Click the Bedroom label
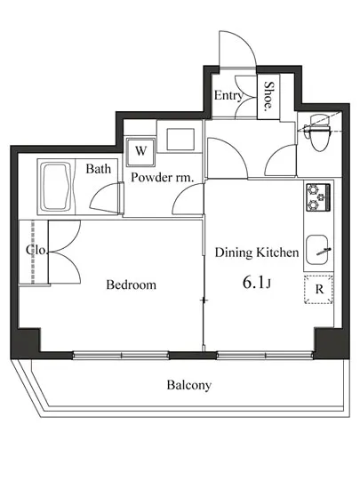(x=131, y=285)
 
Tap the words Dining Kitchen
(x=257, y=253)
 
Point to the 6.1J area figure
(x=256, y=283)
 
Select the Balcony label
(x=188, y=385)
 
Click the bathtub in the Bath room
(x=55, y=187)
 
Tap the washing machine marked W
(x=140, y=151)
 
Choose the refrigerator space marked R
(x=318, y=290)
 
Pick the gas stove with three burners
(x=317, y=197)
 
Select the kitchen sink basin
(x=317, y=250)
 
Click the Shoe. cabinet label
(x=268, y=96)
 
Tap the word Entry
(x=228, y=95)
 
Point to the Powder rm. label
(x=162, y=178)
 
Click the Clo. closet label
(x=36, y=250)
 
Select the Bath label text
(x=98, y=169)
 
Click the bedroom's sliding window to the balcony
(x=121, y=355)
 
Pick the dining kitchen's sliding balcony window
(x=265, y=355)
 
